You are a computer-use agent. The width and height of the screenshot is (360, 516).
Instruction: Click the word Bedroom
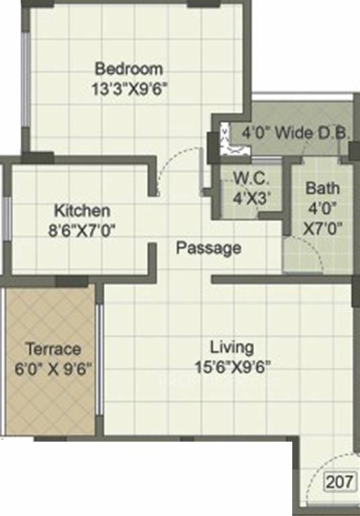coord(129,69)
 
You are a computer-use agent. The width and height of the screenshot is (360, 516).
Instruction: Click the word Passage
coord(208,248)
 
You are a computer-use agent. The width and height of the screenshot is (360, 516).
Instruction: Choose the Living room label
coord(232,347)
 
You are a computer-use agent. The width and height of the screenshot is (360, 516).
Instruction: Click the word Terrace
coord(53,349)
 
